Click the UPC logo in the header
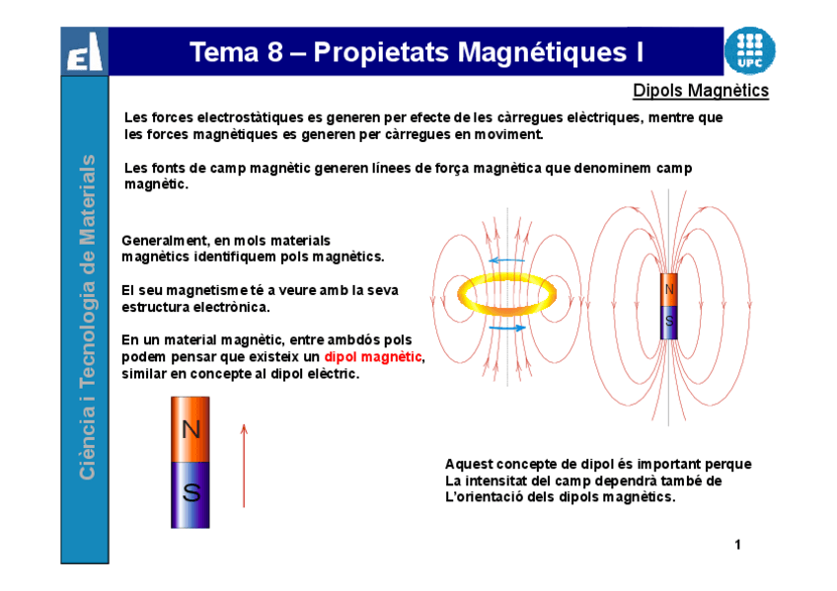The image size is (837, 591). click(x=749, y=50)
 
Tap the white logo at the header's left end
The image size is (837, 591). click(x=84, y=52)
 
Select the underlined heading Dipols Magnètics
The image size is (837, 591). click(x=701, y=92)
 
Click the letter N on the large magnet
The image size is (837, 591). click(x=190, y=429)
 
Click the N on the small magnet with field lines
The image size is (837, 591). click(x=669, y=290)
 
